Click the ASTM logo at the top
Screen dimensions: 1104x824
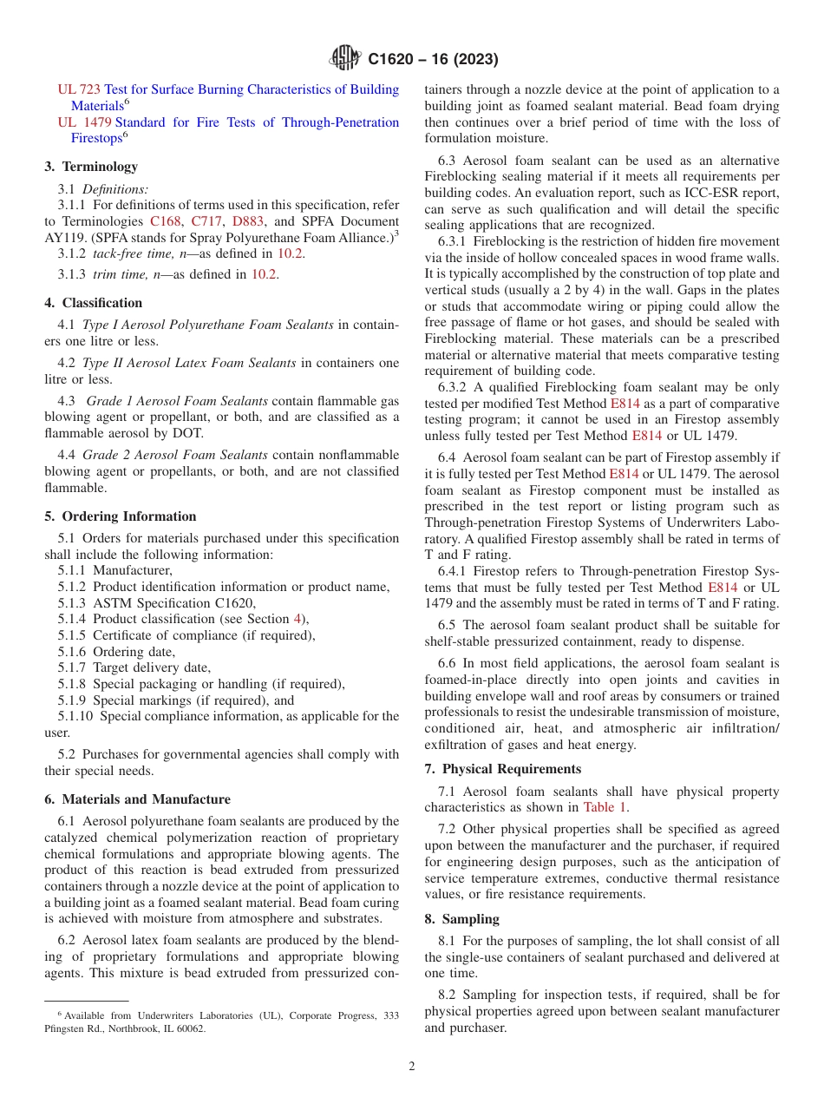click(x=346, y=59)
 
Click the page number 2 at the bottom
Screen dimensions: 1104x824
click(x=412, y=1067)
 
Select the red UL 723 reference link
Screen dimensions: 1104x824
click(x=79, y=89)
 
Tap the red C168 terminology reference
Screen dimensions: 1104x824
click(x=166, y=220)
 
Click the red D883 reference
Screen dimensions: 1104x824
click(x=247, y=220)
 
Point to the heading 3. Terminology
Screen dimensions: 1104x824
click(x=91, y=167)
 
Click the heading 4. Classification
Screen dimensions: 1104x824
click(x=94, y=303)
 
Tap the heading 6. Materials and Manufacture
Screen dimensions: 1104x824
click(x=138, y=799)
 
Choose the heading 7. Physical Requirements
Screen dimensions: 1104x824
click(x=503, y=769)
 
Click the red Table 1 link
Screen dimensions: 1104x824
click(x=604, y=807)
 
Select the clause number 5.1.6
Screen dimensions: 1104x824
click(x=72, y=652)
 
